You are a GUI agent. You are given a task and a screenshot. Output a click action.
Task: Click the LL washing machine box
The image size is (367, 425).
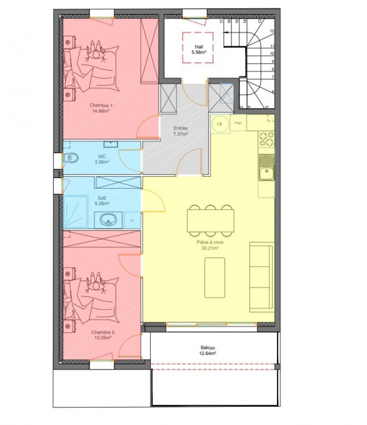pyautogui.click(x=133, y=220)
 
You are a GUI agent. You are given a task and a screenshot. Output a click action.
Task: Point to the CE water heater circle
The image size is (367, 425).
pyautogui.click(x=219, y=124)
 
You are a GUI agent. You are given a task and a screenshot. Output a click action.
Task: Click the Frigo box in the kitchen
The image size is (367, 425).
pyautogui.click(x=238, y=123)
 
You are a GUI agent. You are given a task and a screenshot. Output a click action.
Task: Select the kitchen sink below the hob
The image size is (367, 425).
pyautogui.click(x=266, y=166)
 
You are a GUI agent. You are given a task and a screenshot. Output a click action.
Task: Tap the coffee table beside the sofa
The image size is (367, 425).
pyautogui.click(x=214, y=275)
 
